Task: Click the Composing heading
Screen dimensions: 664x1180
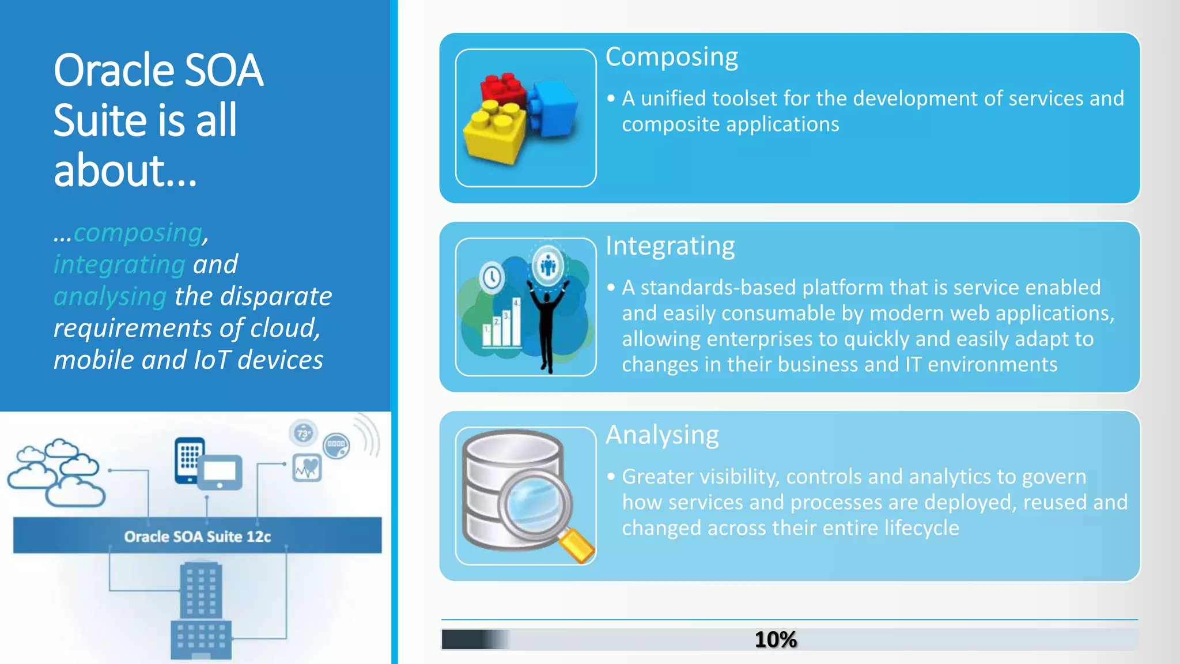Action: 671,57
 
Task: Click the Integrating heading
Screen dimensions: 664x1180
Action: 670,246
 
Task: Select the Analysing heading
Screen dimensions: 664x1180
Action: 662,435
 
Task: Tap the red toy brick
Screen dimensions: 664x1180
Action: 503,89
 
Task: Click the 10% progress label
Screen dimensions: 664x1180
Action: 775,640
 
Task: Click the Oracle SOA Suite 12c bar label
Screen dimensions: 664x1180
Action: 197,537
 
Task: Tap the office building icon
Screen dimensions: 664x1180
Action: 201,611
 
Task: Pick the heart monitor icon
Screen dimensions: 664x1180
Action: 307,467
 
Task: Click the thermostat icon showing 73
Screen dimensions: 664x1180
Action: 304,433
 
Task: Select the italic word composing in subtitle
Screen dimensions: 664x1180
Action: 138,232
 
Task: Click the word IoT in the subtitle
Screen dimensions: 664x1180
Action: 211,360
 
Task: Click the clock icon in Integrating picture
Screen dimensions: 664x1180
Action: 492,277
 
